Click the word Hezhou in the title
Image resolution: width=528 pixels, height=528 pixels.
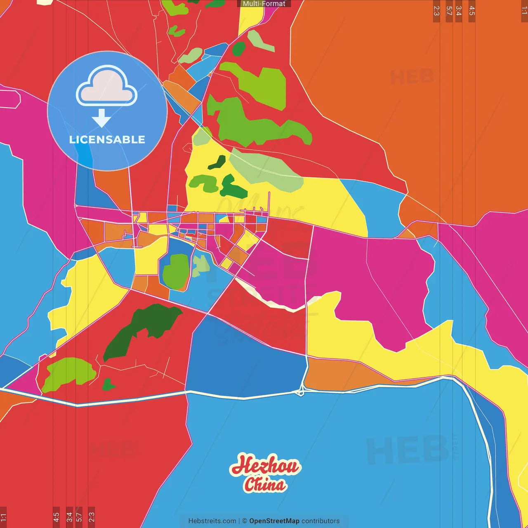coord(265,467)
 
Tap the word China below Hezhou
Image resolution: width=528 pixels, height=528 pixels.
coord(264,485)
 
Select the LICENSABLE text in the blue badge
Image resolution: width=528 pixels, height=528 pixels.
coord(107,139)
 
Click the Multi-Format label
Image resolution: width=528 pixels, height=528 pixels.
coord(264,4)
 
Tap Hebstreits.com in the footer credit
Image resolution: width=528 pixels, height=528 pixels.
coord(212,521)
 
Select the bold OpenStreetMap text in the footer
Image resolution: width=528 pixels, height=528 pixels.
coord(274,521)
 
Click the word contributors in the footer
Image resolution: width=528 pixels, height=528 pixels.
coord(321,521)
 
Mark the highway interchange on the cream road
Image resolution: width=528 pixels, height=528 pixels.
coord(300,391)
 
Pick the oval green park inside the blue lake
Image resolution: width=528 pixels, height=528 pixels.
coord(176,271)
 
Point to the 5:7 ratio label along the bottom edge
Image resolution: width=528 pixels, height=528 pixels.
coord(79,516)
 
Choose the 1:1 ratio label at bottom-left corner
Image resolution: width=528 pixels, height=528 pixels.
coord(3,516)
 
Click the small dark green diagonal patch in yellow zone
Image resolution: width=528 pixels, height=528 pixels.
coord(217,163)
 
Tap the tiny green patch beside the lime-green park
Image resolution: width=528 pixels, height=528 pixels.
coord(108,385)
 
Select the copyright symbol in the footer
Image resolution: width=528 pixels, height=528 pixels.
coord(244,521)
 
